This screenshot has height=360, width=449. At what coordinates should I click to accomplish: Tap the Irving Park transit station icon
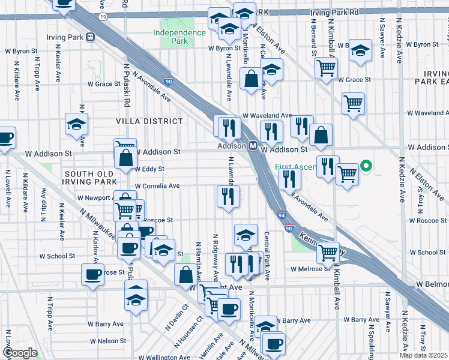tap(91, 37)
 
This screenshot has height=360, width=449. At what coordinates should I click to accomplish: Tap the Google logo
tap(20, 352)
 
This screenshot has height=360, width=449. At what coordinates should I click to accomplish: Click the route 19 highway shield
tap(104, 18)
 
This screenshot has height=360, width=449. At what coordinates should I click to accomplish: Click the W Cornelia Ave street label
tap(157, 186)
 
